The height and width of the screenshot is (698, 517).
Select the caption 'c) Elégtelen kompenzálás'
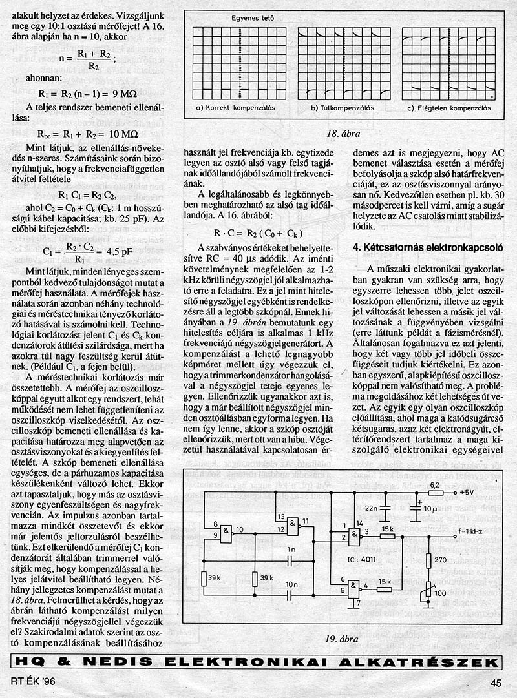coord(445,108)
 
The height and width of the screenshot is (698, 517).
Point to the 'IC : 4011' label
coord(365,555)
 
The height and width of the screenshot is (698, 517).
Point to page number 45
coord(496,682)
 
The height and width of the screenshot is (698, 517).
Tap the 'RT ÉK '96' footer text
coord(32,682)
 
